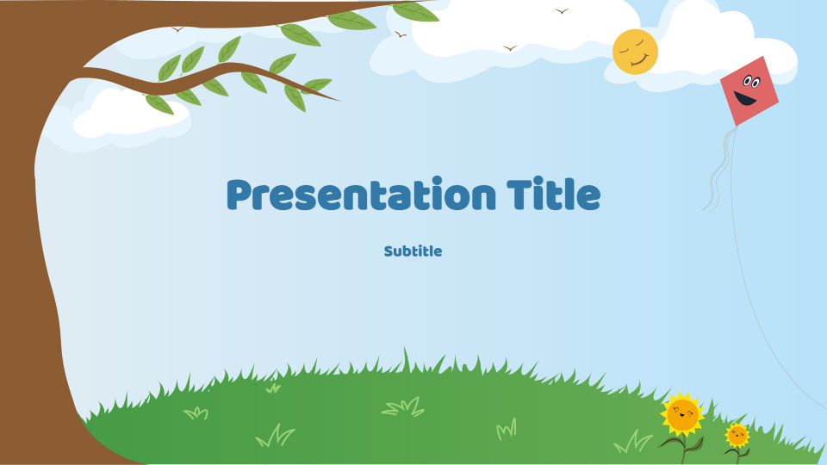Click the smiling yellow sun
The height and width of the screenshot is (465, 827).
coord(635,52)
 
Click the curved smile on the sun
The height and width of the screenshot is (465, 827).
coord(639,61)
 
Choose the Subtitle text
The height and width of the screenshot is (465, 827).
coord(413,251)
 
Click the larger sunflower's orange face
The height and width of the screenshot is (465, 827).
coord(682,414)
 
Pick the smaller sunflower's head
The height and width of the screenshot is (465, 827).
coord(737,434)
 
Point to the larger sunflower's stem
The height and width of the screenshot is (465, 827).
coord(684,448)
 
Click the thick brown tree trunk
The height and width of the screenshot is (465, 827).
coord(30,258)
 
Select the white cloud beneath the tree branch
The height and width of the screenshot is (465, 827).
coord(129,116)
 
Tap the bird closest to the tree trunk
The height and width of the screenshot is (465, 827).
coord(178,29)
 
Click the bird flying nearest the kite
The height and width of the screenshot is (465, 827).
coord(563,11)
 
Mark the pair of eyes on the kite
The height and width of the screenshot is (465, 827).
coord(749,83)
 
